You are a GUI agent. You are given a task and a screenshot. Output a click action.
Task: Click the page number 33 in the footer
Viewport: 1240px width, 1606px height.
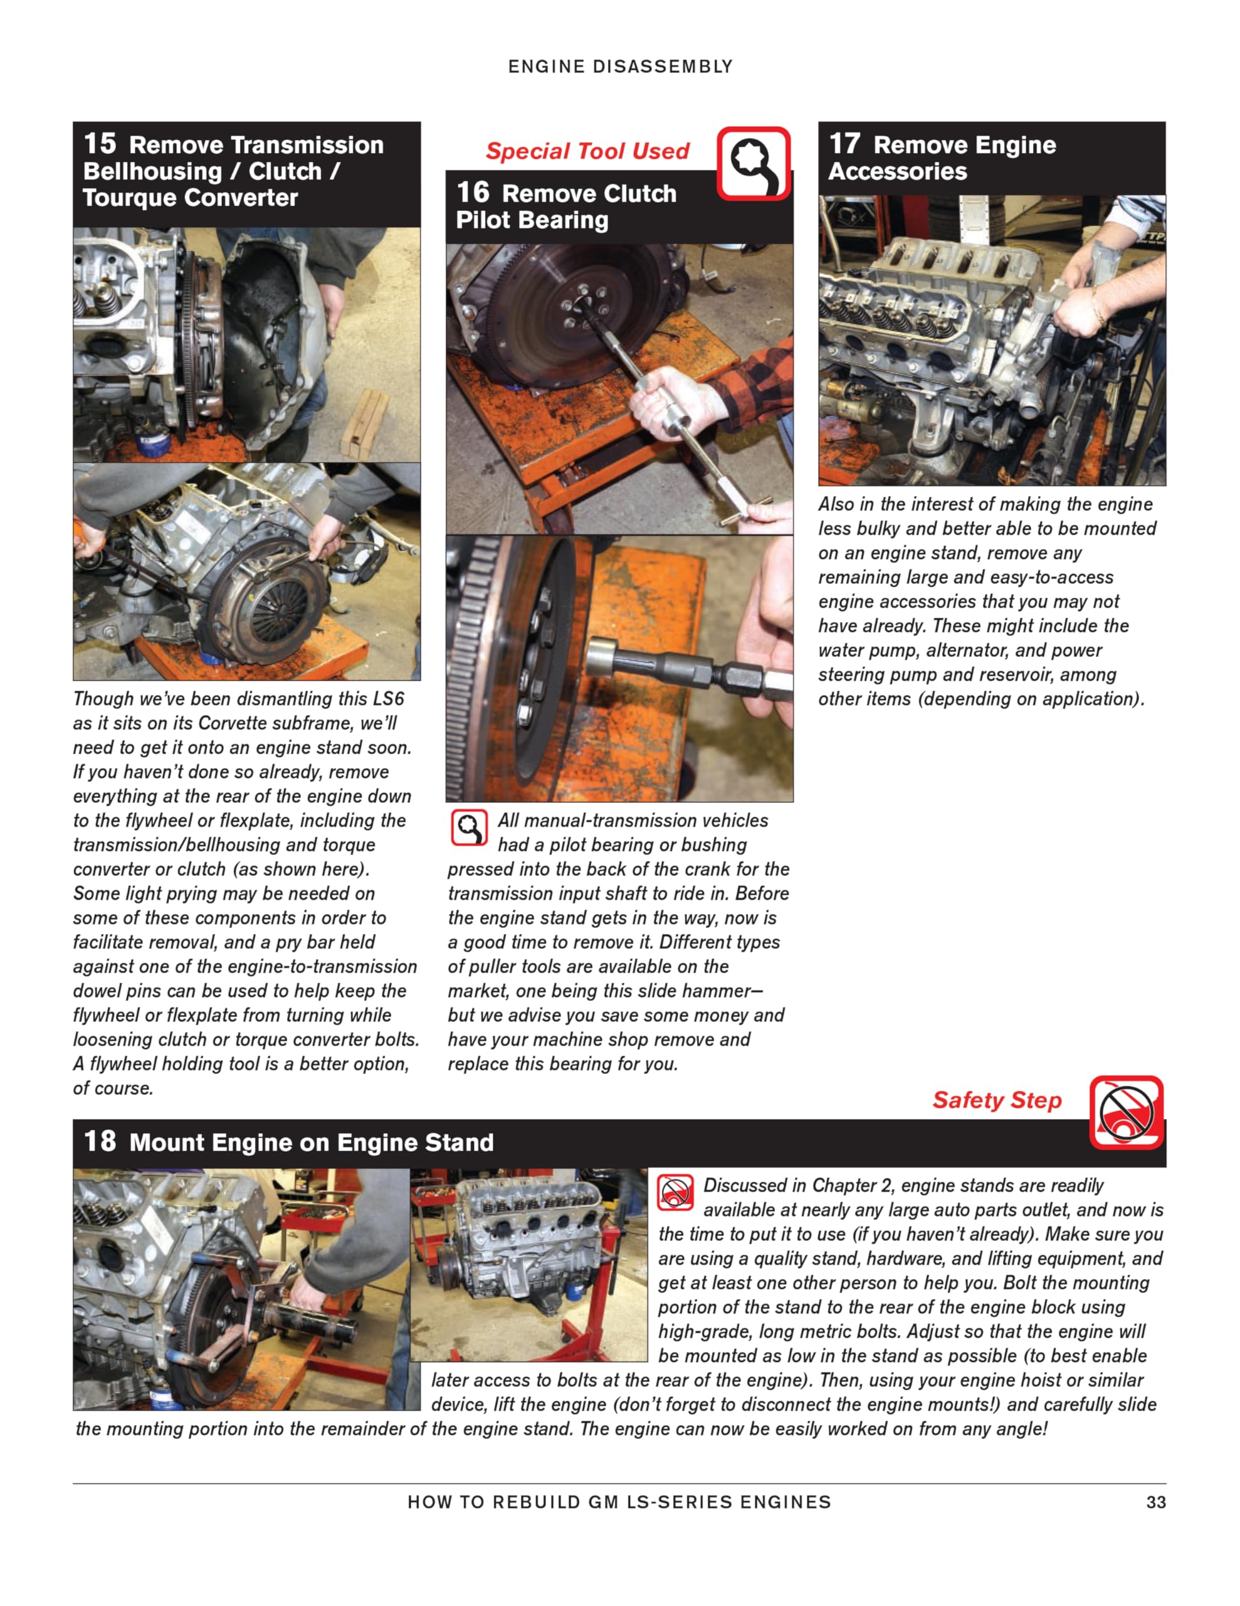click(x=1155, y=1502)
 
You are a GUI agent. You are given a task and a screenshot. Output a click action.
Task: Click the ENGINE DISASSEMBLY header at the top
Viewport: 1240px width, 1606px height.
click(x=619, y=67)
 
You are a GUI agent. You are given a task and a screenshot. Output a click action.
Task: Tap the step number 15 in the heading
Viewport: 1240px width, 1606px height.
click(x=99, y=144)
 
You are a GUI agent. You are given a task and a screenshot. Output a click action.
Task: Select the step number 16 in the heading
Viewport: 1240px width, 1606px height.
click(x=472, y=193)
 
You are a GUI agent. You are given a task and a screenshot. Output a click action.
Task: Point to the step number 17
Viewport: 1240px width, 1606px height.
click(x=844, y=144)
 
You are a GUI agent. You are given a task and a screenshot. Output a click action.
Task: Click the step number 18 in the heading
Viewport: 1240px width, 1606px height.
click(x=99, y=1141)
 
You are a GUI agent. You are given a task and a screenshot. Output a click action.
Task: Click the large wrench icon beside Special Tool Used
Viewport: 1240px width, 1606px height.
click(x=753, y=163)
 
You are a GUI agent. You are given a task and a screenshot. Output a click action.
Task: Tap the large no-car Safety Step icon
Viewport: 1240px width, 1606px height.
click(x=1125, y=1112)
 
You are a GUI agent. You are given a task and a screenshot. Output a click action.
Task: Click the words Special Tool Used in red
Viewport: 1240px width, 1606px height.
click(x=587, y=151)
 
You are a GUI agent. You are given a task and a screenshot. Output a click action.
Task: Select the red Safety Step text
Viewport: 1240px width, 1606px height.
click(x=997, y=1100)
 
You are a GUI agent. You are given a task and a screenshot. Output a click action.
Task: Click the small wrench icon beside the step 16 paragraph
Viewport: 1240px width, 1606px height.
click(x=468, y=828)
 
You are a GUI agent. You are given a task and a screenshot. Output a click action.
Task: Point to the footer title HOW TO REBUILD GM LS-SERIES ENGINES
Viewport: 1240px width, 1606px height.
click(x=619, y=1502)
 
